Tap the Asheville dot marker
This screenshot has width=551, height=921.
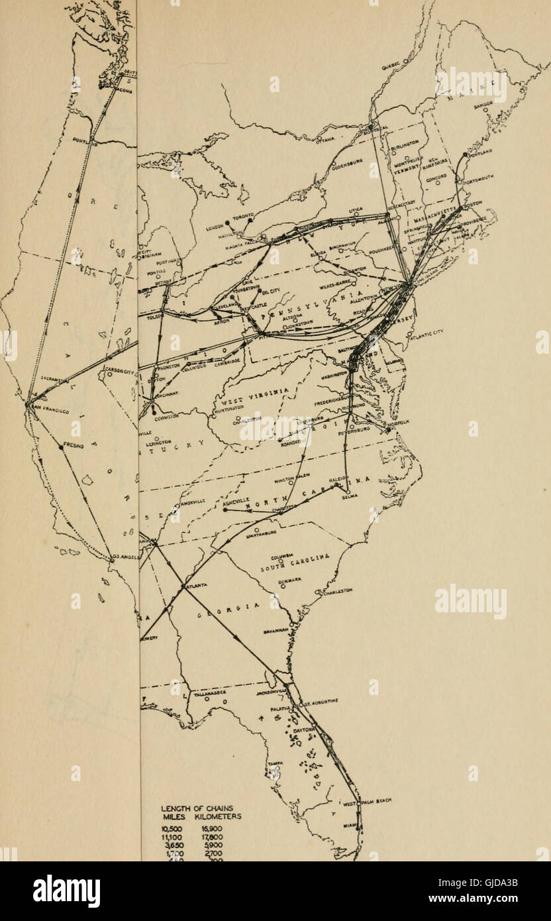click(x=225, y=510)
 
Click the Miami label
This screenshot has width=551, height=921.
click(x=349, y=825)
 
